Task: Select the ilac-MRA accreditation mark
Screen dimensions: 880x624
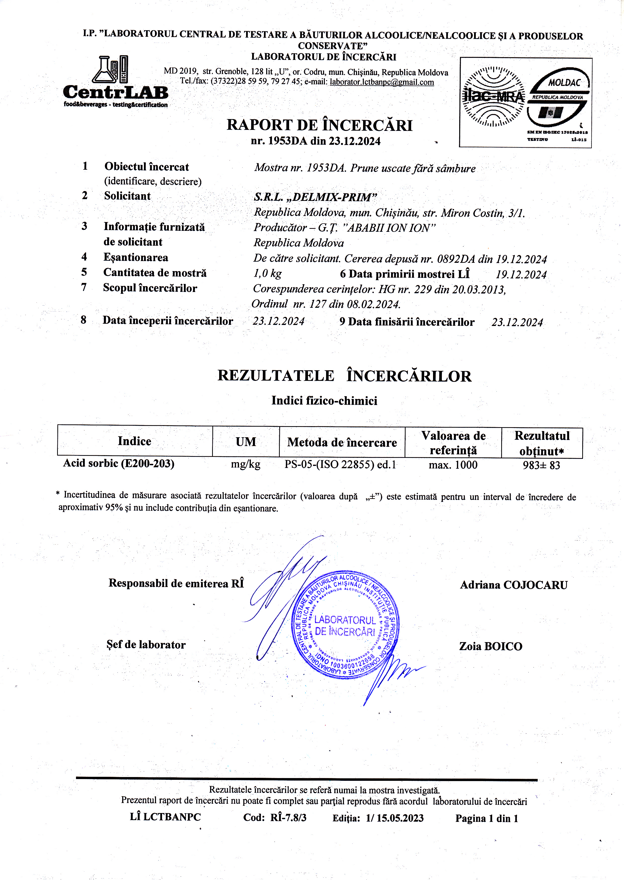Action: click(494, 96)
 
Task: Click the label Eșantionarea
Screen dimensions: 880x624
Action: click(136, 258)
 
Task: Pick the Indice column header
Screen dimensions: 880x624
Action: click(134, 441)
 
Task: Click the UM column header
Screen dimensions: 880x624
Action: click(246, 442)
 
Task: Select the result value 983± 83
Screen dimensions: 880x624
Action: click(541, 465)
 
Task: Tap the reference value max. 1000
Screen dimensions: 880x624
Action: click(453, 465)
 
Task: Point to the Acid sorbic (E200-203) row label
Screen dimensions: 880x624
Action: click(119, 463)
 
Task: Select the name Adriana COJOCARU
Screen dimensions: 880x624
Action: click(514, 585)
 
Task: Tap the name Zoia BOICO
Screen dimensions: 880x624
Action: click(491, 646)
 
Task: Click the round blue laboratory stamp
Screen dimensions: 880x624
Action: click(345, 625)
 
